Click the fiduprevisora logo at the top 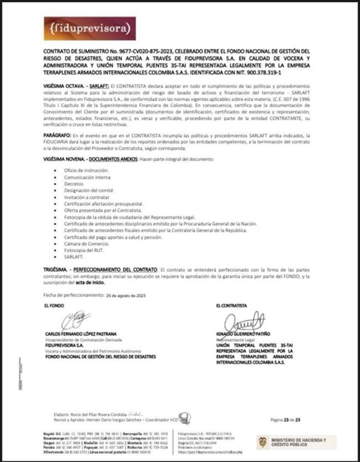(89, 27)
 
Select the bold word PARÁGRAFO (55, 136)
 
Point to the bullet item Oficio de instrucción (86, 170)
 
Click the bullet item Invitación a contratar (86, 197)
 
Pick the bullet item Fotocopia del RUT (83, 250)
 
